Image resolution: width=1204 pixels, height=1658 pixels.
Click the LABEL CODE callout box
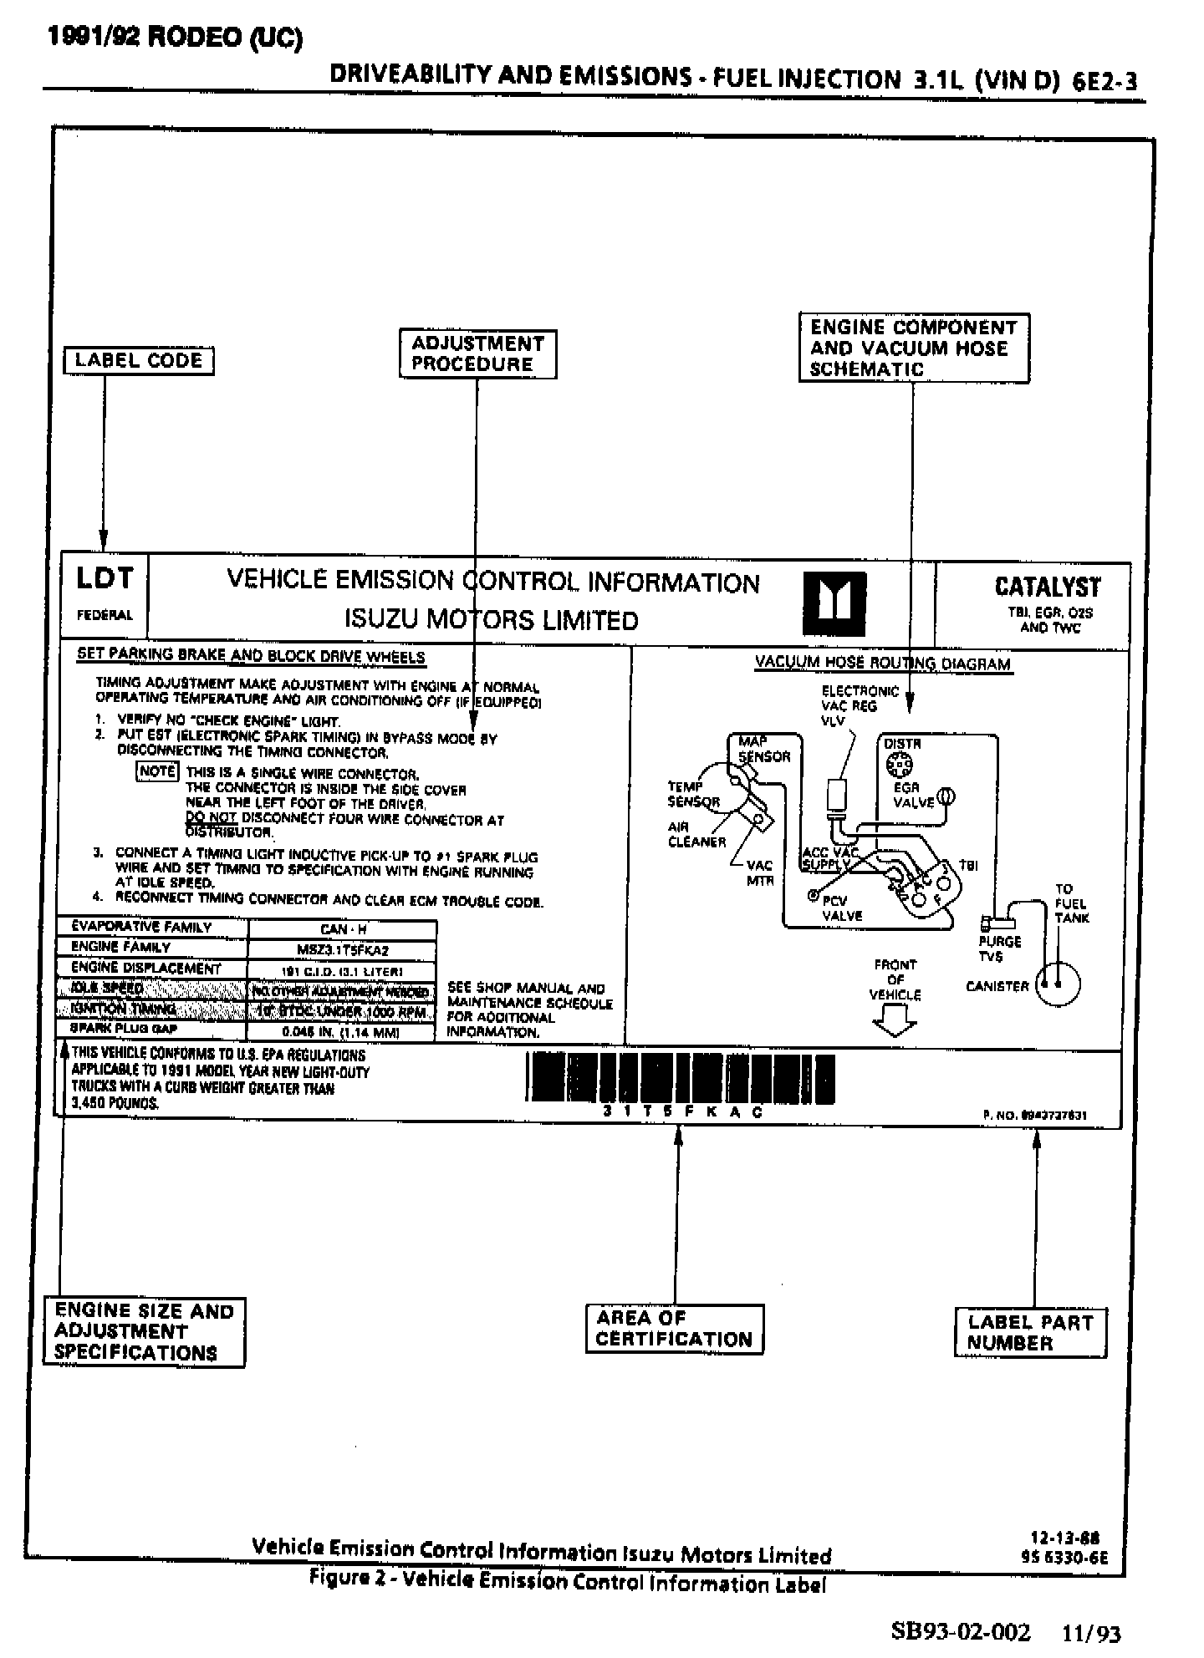coord(139,361)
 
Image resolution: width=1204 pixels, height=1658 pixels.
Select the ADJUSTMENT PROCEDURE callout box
coord(477,354)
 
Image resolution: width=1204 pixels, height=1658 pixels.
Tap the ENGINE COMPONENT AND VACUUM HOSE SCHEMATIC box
coord(913,348)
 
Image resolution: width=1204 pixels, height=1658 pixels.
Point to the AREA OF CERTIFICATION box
coord(674,1329)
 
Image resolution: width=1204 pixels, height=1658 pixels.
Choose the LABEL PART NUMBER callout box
coord(1030,1333)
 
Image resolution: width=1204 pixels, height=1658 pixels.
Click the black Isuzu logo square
coord(834,603)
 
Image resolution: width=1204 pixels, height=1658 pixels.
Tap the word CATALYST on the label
coord(1048,587)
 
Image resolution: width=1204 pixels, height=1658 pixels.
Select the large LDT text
coord(105,578)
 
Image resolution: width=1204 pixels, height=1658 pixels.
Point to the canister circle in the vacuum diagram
coord(1058,984)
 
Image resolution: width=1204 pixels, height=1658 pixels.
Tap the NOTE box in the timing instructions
coord(156,771)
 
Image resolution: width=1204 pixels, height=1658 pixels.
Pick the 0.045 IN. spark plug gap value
coord(343,1032)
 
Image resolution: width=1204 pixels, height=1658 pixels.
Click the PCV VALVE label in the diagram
coord(841,908)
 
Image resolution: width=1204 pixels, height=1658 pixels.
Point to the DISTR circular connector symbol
coord(899,763)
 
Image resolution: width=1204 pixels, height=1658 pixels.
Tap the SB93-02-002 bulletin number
coord(961,1630)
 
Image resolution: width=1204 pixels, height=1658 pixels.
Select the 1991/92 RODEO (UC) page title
coord(175,38)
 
